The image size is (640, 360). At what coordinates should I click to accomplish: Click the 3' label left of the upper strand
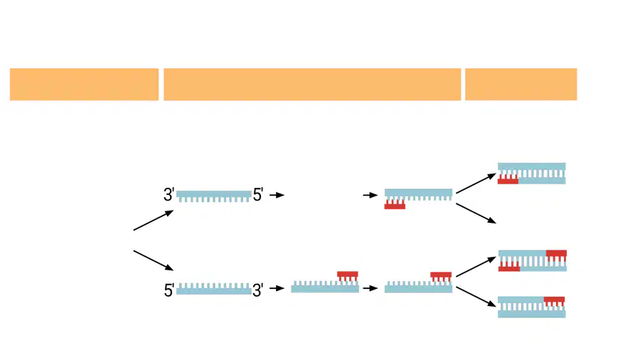(169, 195)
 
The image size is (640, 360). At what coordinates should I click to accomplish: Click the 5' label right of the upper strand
(258, 195)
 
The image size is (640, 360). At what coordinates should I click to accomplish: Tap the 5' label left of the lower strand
(169, 290)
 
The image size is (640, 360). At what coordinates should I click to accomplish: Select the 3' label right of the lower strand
(258, 290)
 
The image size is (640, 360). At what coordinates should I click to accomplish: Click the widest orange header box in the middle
(312, 84)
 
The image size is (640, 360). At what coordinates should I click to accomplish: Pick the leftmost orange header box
(84, 84)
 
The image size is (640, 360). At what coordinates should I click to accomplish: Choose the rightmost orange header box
(521, 84)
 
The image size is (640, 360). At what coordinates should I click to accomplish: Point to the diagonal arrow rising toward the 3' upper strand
(154, 221)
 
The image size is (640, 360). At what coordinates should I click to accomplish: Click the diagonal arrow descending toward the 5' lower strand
(154, 260)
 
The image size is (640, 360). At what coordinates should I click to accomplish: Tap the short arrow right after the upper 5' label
(277, 195)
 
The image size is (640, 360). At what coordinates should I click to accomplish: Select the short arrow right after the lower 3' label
(277, 288)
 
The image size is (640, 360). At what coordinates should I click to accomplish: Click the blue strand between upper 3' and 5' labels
(214, 196)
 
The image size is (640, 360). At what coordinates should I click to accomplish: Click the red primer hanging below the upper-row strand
(395, 204)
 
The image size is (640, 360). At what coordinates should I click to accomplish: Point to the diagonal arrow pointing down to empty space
(476, 213)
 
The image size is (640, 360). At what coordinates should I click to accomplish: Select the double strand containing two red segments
(533, 261)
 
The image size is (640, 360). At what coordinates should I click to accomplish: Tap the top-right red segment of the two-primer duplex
(556, 255)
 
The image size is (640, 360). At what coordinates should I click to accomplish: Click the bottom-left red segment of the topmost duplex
(508, 179)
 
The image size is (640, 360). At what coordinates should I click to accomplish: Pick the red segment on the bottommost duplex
(554, 302)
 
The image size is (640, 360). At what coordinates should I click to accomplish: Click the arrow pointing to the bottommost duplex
(476, 297)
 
